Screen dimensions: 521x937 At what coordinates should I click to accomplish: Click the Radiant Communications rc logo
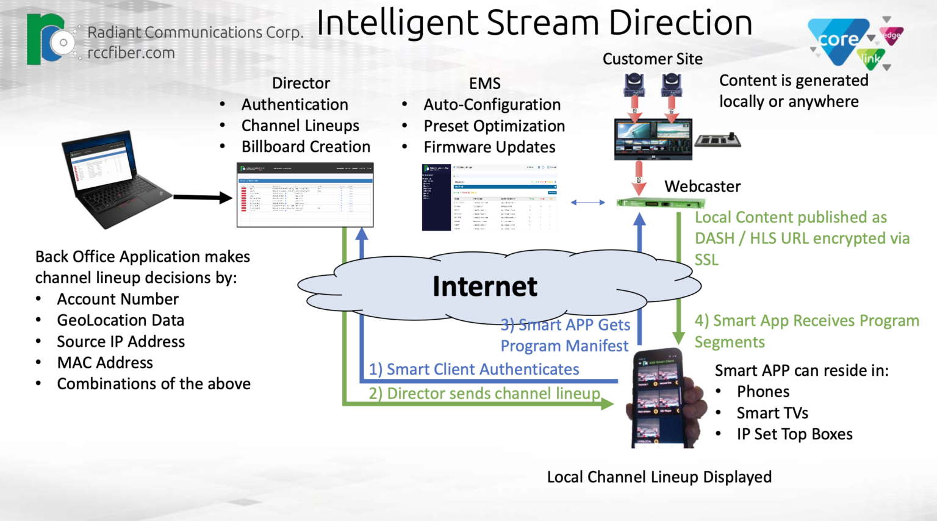(x=48, y=40)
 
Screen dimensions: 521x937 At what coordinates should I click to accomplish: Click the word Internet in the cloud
(x=485, y=287)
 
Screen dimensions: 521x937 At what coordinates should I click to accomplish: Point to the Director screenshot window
(x=305, y=195)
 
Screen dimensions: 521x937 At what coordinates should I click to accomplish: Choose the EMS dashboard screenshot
(x=490, y=196)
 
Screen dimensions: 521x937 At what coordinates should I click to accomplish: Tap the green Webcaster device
(x=652, y=203)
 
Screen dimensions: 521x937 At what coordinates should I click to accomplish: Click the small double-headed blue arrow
(x=587, y=203)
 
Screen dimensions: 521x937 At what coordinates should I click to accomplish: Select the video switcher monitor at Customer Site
(x=653, y=139)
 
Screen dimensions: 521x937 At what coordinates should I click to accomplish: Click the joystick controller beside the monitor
(x=717, y=140)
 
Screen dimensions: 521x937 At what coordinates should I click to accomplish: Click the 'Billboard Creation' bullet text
(x=306, y=147)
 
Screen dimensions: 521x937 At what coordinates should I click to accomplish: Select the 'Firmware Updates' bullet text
(x=489, y=148)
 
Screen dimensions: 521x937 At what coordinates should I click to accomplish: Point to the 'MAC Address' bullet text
(x=105, y=363)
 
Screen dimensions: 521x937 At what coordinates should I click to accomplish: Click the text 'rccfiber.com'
(x=131, y=53)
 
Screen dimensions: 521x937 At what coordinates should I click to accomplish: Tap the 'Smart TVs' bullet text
(x=772, y=413)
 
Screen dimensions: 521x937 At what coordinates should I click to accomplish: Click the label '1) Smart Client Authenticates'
(x=474, y=370)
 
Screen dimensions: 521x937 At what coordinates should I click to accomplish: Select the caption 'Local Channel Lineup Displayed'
(x=659, y=477)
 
